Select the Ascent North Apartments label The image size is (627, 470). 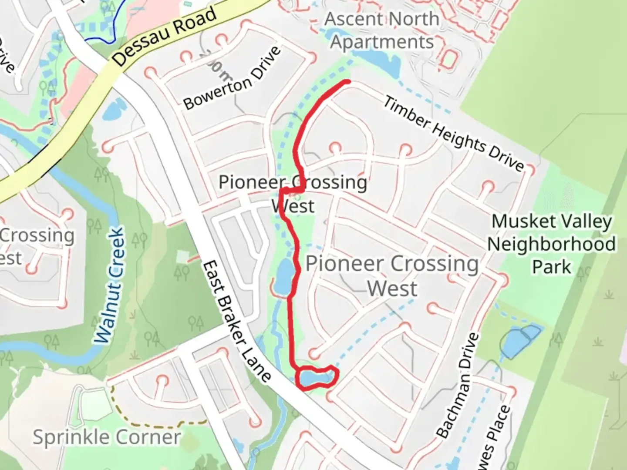coord(382,30)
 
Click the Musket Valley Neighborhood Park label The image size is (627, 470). coord(551,244)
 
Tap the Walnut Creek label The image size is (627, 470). coord(109,286)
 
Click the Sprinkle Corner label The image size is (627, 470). coord(107,437)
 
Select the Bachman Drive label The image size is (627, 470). coord(457,386)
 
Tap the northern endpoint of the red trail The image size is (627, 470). coord(348,81)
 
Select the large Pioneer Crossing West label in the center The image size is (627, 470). coord(392,275)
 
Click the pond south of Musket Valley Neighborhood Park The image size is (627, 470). coord(521,339)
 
